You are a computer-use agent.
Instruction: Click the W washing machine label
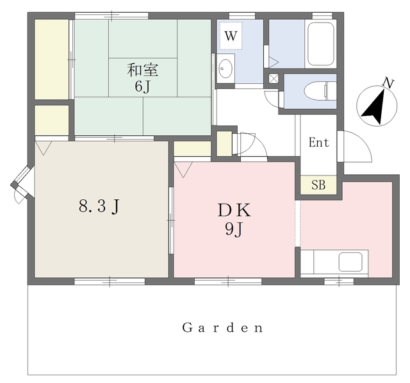click(231, 36)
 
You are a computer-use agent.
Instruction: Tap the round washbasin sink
click(225, 69)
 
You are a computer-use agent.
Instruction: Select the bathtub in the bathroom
click(320, 44)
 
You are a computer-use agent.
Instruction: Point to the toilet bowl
click(317, 91)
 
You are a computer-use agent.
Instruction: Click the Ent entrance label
click(319, 143)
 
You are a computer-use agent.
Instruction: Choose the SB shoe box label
click(318, 185)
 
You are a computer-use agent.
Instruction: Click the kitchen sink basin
click(350, 262)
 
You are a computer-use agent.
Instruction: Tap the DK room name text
click(234, 211)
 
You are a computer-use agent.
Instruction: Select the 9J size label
click(234, 230)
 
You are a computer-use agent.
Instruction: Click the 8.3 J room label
click(99, 206)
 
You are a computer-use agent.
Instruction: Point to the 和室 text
click(142, 70)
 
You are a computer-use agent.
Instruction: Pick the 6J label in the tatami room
click(143, 86)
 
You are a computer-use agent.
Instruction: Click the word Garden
click(222, 327)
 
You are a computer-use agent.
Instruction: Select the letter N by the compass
click(389, 83)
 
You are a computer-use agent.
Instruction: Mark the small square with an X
click(274, 78)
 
